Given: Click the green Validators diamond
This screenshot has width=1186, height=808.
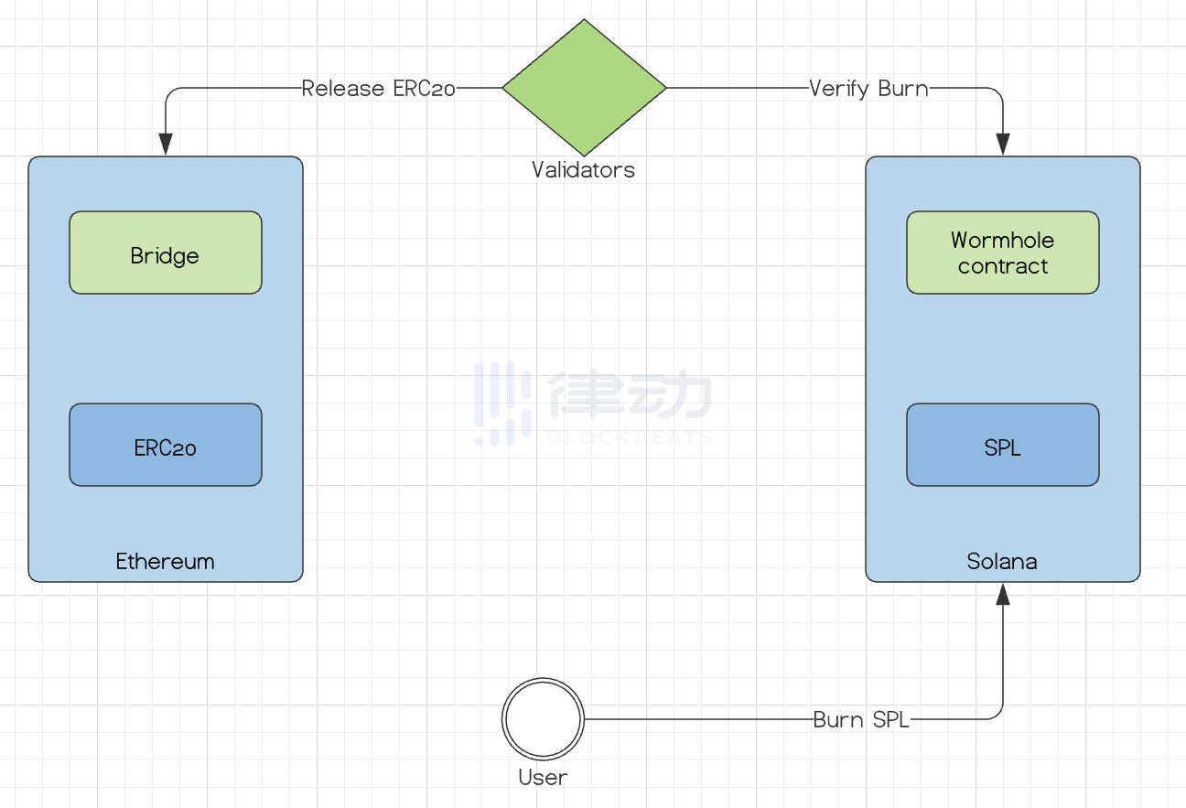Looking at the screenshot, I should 584,88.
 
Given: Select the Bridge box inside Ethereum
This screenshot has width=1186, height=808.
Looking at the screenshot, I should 166,253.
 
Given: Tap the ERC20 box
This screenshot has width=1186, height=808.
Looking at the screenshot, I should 166,445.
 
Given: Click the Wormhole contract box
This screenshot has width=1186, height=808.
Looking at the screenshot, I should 1002,253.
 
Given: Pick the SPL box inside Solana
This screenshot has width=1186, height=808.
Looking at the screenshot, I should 1002,445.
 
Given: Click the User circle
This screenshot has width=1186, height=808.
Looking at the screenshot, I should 543,719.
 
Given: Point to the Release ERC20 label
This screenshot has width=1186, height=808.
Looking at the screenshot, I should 378,89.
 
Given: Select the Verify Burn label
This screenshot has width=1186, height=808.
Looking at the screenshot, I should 868,89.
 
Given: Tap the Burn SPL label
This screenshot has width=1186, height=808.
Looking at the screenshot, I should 861,720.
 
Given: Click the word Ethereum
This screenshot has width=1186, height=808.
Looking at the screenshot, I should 165,561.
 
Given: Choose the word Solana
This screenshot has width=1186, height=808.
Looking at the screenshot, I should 1002,561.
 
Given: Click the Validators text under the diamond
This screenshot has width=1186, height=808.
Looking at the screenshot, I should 583,169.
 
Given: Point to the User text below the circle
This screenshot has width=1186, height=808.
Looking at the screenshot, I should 543,777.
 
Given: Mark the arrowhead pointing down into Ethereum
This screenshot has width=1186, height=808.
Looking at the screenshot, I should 166,145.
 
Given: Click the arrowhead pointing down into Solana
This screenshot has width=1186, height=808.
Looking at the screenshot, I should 1003,145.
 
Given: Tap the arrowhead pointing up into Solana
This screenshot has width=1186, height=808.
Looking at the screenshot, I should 1003,595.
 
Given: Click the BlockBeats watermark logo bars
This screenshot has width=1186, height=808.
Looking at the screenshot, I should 502,404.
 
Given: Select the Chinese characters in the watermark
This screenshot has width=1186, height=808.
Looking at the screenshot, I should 630,395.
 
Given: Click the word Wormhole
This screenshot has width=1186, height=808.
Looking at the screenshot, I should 1002,240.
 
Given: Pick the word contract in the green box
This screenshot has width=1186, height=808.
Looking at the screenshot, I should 1002,266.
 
